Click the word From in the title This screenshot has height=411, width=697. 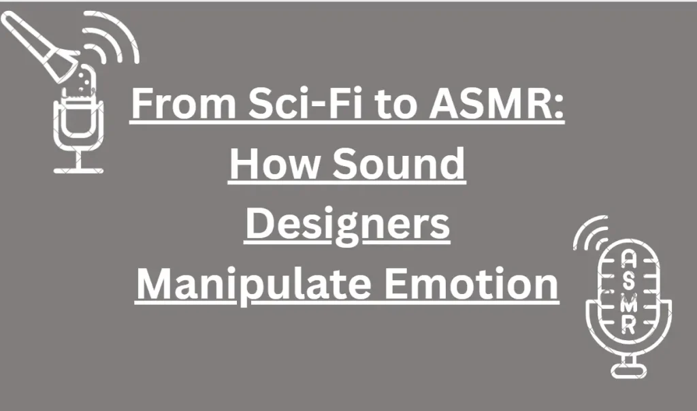(184, 103)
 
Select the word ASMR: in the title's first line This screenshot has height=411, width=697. (496, 103)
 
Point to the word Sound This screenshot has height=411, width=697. (399, 163)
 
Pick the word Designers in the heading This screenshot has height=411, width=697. (348, 225)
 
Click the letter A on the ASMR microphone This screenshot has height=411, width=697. (628, 259)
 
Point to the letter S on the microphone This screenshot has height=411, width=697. (628, 281)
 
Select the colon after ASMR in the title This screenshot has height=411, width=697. (560, 108)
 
